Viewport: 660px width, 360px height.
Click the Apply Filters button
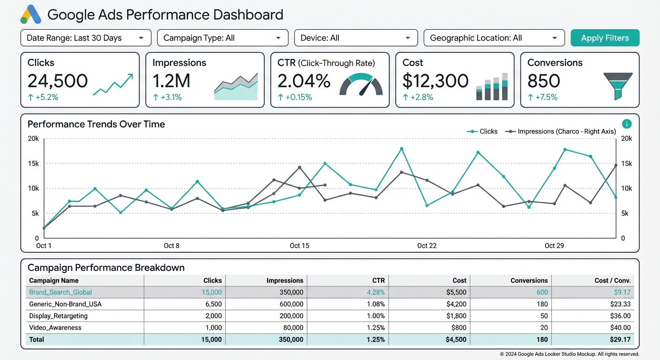605,38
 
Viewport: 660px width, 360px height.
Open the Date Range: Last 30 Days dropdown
86,38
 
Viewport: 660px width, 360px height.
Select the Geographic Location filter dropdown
494,38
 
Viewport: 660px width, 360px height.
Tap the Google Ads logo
31,15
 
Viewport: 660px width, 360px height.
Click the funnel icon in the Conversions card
618,86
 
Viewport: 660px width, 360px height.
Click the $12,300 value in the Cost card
435,81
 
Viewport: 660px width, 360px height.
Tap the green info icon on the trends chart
627,124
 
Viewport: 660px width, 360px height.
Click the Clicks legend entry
482,132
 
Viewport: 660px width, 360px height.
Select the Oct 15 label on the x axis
300,246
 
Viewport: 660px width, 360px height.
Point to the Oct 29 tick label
554,246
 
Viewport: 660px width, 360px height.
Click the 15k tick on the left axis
33,164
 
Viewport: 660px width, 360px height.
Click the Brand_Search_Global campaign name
60,292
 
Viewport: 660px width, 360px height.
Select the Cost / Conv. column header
612,280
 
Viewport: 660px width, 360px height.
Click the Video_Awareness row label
55,328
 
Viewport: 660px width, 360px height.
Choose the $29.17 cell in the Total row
619,339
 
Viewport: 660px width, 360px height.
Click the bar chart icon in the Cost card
492,87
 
